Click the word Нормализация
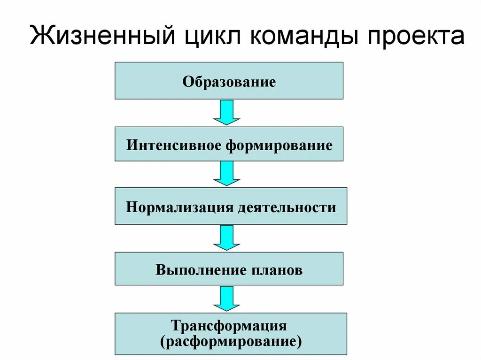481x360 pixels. (x=179, y=207)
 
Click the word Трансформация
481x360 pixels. (x=229, y=325)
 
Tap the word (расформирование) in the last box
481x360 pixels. (x=230, y=341)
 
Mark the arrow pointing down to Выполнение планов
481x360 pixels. (x=227, y=237)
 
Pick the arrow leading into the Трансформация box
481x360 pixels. (x=227, y=299)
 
